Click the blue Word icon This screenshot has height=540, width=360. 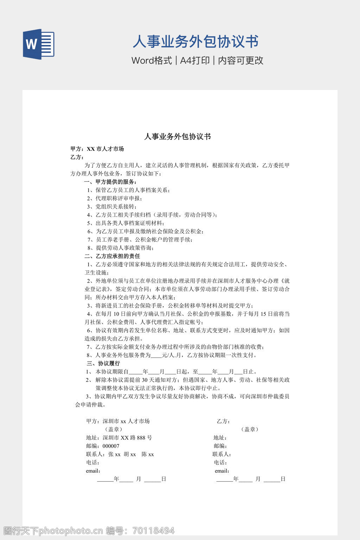tap(39, 44)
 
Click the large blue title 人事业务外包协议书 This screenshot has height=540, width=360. tap(195, 42)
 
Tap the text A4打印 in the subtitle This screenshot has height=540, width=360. tap(195, 60)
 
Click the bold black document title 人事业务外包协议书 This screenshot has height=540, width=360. tap(178, 136)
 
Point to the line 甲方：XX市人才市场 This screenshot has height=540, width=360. tap(97, 149)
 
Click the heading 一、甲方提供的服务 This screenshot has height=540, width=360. tap(110, 182)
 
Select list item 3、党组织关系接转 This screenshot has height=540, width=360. tap(112, 206)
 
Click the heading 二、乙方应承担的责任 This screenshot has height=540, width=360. tap(112, 256)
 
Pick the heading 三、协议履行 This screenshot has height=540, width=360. tap(103, 363)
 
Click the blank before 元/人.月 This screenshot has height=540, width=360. tap(156, 355)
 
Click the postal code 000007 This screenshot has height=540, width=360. tap(111, 446)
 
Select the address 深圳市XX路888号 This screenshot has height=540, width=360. tap(127, 438)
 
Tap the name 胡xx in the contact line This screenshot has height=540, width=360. tap(130, 454)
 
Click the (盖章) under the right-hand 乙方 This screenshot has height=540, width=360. tap(250, 429)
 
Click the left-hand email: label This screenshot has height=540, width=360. tap(93, 471)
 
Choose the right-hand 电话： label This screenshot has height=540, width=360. tap(220, 462)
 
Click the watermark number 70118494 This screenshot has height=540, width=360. tap(153, 531)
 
